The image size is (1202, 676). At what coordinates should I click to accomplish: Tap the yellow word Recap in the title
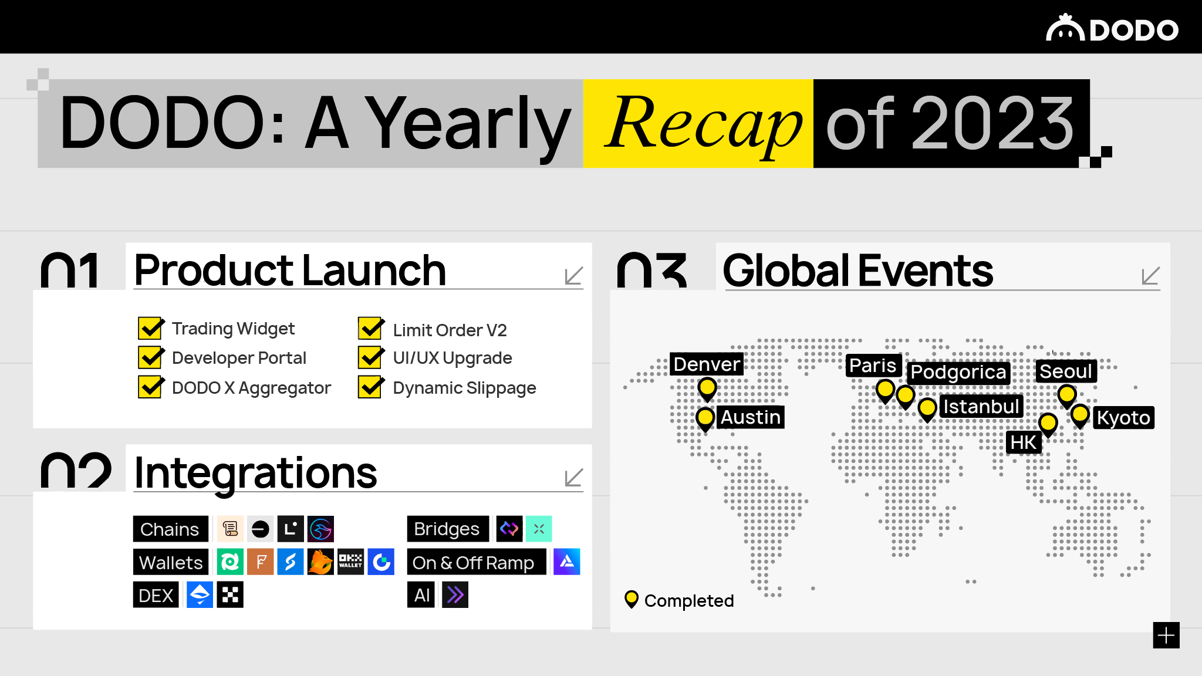(703, 124)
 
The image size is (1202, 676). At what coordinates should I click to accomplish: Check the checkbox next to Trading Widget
(150, 328)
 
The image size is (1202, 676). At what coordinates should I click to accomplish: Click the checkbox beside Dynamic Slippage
(370, 387)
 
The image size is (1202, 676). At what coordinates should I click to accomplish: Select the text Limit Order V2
(450, 330)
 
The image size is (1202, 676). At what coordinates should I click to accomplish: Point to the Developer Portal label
(239, 358)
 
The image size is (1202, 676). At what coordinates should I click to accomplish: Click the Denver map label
(707, 364)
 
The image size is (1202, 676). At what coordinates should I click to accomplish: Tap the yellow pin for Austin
(705, 418)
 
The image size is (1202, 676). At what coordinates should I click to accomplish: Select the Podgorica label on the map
(958, 373)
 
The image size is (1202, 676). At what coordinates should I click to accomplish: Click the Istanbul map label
(981, 406)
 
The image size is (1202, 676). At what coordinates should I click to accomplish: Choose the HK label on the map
(1024, 442)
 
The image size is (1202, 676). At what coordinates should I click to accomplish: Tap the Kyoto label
(1123, 418)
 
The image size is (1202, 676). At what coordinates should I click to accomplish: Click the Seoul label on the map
(1065, 371)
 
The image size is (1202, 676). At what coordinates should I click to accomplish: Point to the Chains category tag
(170, 529)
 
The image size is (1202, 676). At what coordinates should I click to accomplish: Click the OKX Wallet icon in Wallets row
(350, 562)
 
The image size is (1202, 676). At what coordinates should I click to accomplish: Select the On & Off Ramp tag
(474, 563)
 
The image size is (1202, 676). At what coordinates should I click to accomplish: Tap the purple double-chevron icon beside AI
(455, 596)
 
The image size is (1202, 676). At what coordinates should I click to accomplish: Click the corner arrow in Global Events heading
(1150, 276)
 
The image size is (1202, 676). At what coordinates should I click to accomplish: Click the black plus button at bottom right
(1166, 636)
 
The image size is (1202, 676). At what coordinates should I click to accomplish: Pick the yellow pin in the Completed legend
(632, 599)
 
